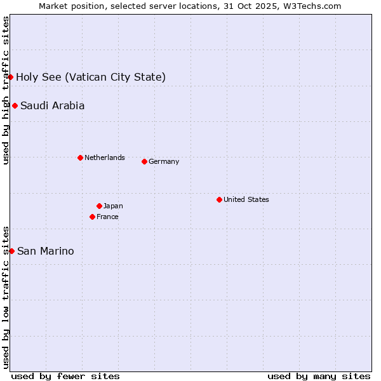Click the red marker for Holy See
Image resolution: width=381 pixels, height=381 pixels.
pyautogui.click(x=10, y=77)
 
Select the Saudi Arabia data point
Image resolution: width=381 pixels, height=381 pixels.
pyautogui.click(x=15, y=105)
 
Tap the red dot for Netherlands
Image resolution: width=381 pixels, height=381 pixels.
pyautogui.click(x=80, y=157)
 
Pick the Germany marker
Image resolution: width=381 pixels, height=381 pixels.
pyautogui.click(x=144, y=161)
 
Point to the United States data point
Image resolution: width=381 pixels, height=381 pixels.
pyautogui.click(x=219, y=199)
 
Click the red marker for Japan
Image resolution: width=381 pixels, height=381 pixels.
pyautogui.click(x=99, y=206)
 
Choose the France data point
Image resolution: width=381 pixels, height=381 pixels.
pyautogui.click(x=93, y=217)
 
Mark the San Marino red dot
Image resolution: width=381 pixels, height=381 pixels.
pyautogui.click(x=11, y=251)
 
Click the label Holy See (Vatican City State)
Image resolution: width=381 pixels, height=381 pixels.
pyautogui.click(x=91, y=77)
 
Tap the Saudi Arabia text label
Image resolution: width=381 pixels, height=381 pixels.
pyautogui.click(x=52, y=106)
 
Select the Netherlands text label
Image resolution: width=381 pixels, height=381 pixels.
pyautogui.click(x=104, y=157)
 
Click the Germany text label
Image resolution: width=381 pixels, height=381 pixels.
pyautogui.click(x=164, y=161)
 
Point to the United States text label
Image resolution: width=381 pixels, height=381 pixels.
pyautogui.click(x=246, y=199)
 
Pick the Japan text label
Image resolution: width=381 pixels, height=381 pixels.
pyautogui.click(x=113, y=206)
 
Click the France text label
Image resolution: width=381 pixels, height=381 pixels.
pyautogui.click(x=107, y=217)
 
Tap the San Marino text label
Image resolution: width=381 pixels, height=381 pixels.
pyautogui.click(x=45, y=251)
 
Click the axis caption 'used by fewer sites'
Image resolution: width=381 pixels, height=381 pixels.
pyautogui.click(x=65, y=376)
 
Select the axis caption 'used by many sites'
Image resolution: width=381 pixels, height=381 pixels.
pyautogui.click(x=319, y=376)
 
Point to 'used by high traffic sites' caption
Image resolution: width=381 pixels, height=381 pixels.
pyautogui.click(x=6, y=90)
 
